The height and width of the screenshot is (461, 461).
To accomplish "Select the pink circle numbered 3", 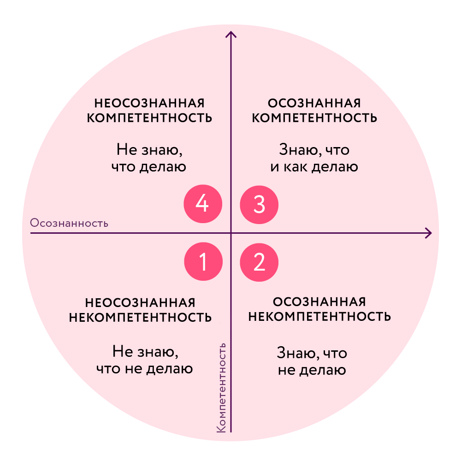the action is [x=260, y=204].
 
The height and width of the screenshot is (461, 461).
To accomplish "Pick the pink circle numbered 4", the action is [x=203, y=204].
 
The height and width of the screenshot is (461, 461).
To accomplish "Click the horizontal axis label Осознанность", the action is [x=69, y=224].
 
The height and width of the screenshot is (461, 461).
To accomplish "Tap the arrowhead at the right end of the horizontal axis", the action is [x=429, y=233].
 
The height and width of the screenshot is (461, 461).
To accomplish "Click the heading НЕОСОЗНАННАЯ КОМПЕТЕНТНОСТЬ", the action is [x=150, y=110].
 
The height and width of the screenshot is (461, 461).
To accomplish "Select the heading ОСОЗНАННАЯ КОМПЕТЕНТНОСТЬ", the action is [x=315, y=110].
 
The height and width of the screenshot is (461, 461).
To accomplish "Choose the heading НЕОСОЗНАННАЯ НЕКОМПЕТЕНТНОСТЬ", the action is [x=140, y=310].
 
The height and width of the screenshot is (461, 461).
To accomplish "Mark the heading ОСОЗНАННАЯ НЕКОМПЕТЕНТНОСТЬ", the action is [x=319, y=309].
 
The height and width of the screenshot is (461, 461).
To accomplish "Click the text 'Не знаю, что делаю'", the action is [x=149, y=158].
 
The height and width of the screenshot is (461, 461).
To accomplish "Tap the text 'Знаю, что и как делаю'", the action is [x=314, y=158].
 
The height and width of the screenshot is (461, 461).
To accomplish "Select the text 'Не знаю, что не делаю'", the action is [x=145, y=361].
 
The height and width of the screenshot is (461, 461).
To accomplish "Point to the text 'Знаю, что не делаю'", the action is [x=312, y=362].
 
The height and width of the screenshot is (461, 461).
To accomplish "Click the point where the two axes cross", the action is [x=231, y=233].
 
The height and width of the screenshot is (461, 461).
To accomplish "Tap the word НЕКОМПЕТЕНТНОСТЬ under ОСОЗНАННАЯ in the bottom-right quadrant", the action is [x=319, y=317].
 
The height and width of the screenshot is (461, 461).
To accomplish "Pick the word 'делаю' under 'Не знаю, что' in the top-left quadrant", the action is [x=165, y=166].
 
